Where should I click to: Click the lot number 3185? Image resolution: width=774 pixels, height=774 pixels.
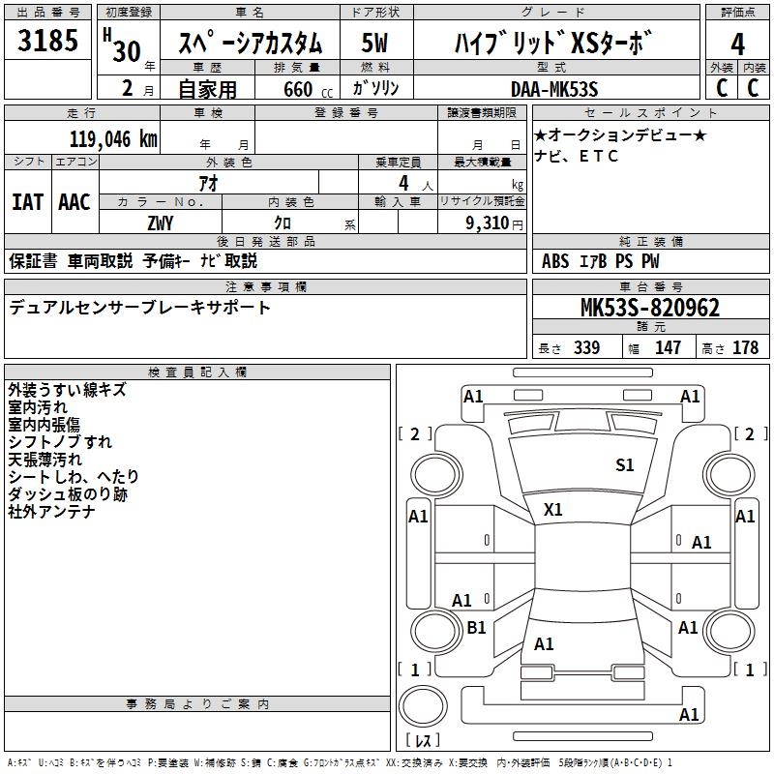point(49,43)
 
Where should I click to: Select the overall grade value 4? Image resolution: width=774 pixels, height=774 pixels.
point(737,45)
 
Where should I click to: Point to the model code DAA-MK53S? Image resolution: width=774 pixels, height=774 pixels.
point(554,89)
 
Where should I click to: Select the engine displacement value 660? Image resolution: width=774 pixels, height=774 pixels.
point(298,90)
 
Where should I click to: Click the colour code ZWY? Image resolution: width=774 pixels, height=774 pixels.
point(161,223)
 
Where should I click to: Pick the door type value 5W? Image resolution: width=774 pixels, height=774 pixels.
point(375,45)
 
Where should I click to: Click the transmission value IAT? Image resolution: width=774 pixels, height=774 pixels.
point(27,201)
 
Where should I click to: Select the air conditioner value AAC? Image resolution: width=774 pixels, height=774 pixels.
point(74,201)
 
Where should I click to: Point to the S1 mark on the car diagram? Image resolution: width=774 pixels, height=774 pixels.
point(625,465)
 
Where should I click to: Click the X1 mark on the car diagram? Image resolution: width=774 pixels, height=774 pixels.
point(554,509)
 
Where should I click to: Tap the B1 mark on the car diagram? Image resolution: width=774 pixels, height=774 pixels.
point(476,628)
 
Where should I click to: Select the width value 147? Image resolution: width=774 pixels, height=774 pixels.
point(669,348)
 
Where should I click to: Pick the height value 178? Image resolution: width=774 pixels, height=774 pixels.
point(745,348)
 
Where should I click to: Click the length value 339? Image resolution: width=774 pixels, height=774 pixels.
point(586,348)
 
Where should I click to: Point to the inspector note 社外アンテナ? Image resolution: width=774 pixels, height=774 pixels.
point(52,512)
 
